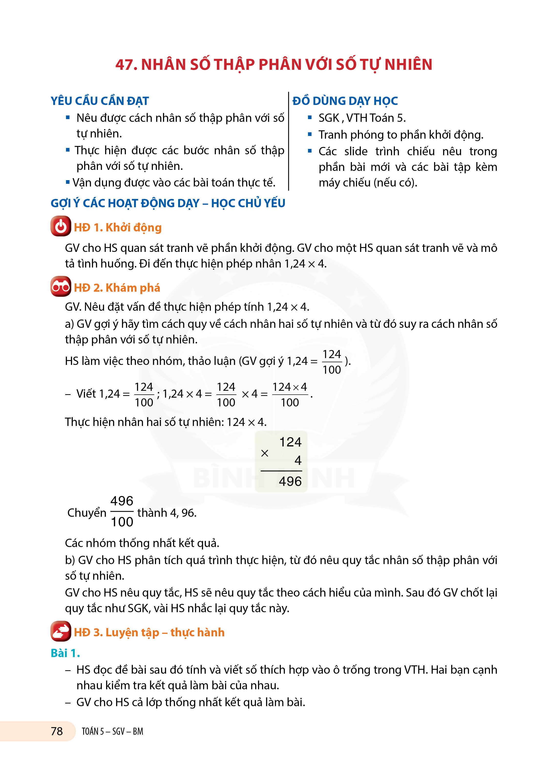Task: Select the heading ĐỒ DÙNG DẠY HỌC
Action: point(345,101)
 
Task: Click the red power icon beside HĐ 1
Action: point(61,226)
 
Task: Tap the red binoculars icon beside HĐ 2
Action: point(61,287)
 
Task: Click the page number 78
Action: point(57,731)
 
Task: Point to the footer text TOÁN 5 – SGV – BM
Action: point(112,731)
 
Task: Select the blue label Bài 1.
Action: point(65,653)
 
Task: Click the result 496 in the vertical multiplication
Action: point(290,481)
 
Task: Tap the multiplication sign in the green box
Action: point(265,454)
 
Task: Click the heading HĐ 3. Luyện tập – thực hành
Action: point(149,632)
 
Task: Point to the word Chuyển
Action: point(87,513)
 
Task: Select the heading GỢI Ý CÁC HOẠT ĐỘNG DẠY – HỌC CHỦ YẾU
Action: point(168,203)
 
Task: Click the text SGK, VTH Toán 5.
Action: point(362,118)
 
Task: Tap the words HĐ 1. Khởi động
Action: point(118,227)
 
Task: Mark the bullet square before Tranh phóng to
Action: point(310,134)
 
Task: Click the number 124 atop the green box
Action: point(290,442)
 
